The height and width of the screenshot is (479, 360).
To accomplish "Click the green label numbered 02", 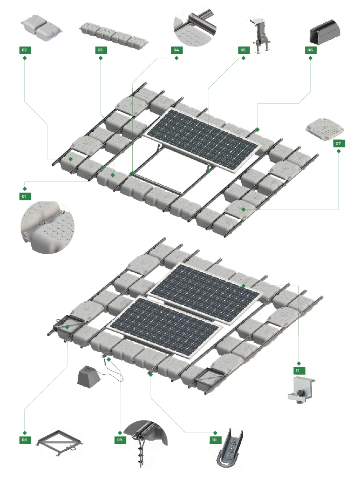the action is (x=24, y=50).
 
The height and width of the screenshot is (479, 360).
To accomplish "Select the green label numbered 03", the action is (x=100, y=50).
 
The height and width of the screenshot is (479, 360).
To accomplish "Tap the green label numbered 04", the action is (x=176, y=50).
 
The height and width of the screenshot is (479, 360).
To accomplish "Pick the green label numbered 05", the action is (x=243, y=50).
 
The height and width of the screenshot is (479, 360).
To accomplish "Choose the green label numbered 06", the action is (x=310, y=50).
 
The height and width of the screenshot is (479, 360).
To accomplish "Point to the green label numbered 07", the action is (x=338, y=143).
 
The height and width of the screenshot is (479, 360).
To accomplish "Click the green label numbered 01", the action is (x=24, y=196).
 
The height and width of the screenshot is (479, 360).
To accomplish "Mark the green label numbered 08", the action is (x=24, y=440).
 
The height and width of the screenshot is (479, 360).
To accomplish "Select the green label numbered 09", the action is (x=120, y=440).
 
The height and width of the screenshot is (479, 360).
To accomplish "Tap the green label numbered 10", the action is (x=215, y=440).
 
